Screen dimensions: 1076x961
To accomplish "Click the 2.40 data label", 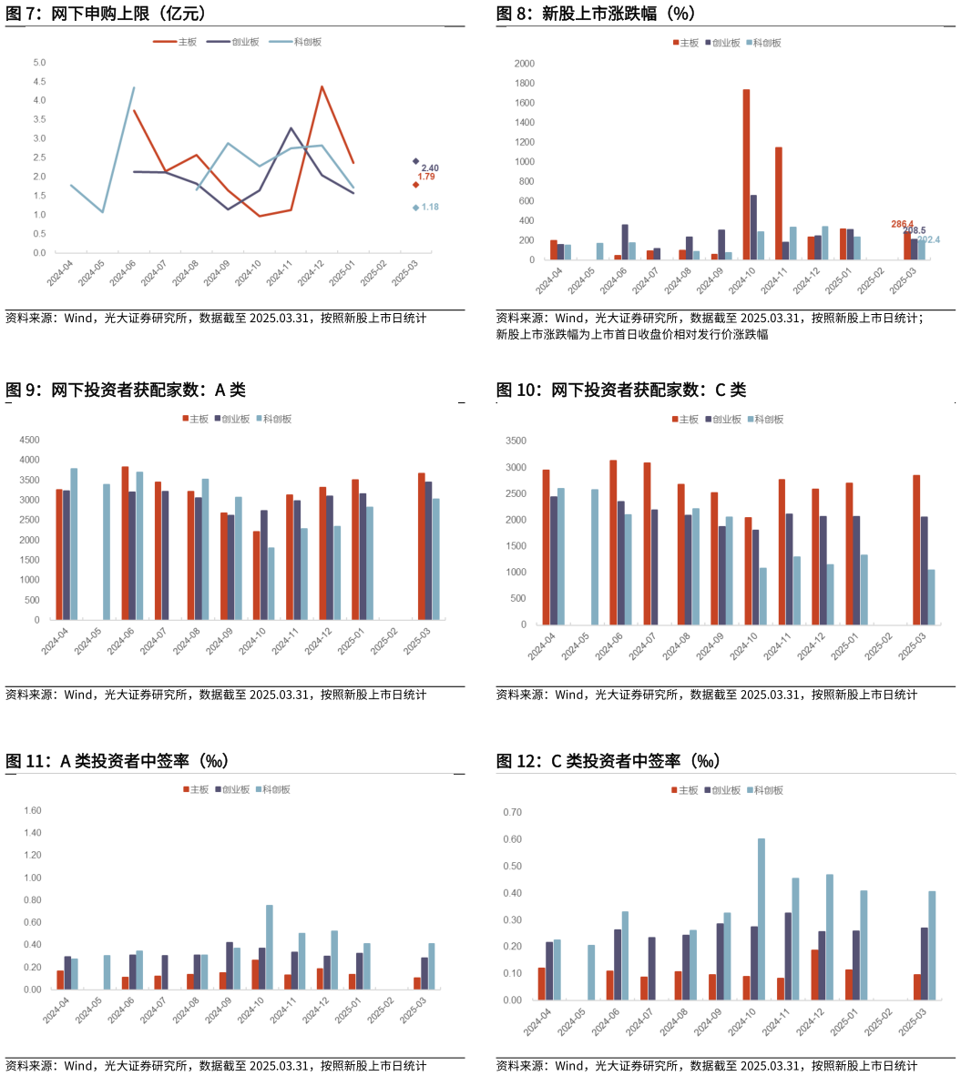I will click(x=430, y=168).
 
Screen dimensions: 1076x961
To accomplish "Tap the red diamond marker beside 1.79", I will click(x=416, y=185).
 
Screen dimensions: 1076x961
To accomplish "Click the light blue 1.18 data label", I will click(x=430, y=208).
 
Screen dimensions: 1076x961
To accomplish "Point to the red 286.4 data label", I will click(x=902, y=224).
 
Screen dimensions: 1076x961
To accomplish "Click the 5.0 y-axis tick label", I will click(x=39, y=63).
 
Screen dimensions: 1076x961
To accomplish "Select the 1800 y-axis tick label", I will click(x=525, y=84).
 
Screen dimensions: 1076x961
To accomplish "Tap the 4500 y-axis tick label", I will click(x=31, y=440).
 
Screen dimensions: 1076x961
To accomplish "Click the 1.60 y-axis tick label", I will click(x=33, y=810).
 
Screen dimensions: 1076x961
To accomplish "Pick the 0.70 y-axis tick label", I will click(x=513, y=812).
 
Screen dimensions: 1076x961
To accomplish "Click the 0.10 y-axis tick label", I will click(x=513, y=973).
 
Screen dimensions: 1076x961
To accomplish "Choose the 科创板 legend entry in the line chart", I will click(x=302, y=42).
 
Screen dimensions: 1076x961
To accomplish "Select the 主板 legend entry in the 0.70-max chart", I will click(x=685, y=790).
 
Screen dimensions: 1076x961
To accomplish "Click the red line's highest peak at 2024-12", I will click(x=322, y=86).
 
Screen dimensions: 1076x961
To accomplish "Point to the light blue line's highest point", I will click(x=134, y=87).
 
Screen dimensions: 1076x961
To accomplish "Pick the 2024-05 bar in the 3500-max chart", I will click(x=595, y=557).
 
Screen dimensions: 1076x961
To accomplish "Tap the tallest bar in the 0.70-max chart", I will click(x=762, y=919).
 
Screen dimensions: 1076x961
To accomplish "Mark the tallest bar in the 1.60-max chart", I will click(x=270, y=947).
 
